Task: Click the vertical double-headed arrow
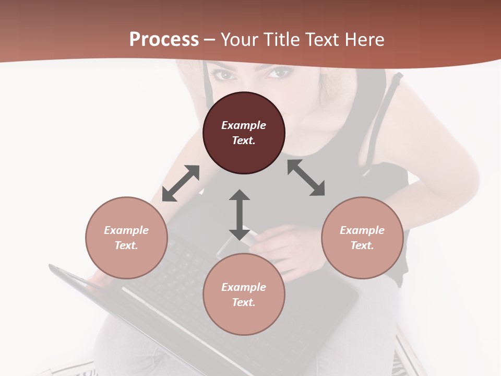point(240,215)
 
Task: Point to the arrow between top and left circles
point(181,183)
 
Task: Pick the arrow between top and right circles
point(306,178)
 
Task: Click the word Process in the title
point(164,39)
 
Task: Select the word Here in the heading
point(364,39)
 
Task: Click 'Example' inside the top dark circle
point(244,125)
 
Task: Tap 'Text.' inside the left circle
point(126,245)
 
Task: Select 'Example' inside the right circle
point(362,230)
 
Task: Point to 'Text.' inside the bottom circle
point(244,302)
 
